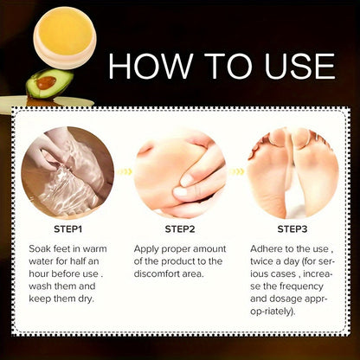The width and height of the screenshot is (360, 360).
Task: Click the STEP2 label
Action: coord(179,230)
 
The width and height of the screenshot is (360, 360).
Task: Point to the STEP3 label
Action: coord(292,230)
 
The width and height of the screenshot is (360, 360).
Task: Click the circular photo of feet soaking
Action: coord(66,172)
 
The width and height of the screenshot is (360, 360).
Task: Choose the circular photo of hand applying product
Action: coord(180,172)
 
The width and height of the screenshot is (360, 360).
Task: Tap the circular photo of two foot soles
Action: coord(292,172)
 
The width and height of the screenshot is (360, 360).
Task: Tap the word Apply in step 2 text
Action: coord(149,248)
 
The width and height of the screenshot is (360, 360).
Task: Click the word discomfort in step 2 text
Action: coord(162,276)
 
